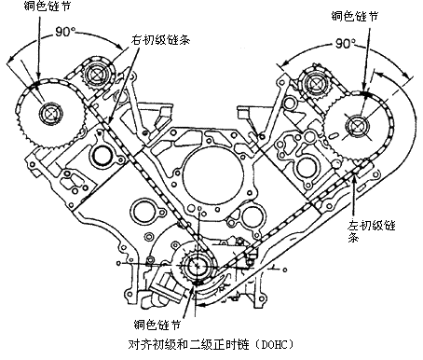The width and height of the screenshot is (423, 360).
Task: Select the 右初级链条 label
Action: pos(159,41)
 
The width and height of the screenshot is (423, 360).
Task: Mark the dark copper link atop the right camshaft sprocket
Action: pos(365,93)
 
